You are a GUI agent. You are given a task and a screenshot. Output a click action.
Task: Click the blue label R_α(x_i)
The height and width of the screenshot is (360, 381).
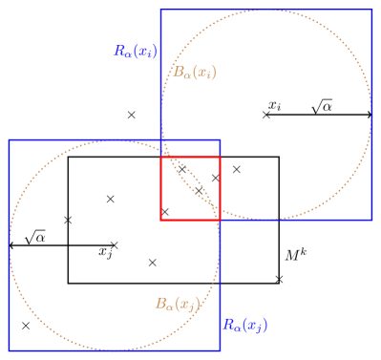[136, 52]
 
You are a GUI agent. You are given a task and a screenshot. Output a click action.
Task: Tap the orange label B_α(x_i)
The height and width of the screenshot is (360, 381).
[194, 72]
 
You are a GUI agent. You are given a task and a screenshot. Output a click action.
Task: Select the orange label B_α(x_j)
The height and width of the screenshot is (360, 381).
[177, 304]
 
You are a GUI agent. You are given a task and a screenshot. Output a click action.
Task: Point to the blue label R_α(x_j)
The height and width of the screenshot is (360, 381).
[244, 325]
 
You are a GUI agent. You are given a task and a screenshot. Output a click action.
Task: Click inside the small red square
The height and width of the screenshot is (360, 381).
[190, 188]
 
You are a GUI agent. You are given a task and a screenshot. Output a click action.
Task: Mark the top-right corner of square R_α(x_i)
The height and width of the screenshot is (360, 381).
[371, 10]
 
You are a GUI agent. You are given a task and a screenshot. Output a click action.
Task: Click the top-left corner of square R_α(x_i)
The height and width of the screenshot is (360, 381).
[160, 10]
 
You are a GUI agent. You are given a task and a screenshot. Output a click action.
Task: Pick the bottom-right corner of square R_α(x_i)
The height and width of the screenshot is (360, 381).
[371, 220]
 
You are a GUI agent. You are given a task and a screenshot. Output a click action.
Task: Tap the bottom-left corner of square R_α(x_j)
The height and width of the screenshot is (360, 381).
[9, 350]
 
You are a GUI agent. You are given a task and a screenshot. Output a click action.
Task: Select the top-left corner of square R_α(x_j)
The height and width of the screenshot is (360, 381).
[9, 140]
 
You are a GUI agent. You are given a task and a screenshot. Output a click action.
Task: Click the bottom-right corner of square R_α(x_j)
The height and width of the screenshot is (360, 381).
[220, 350]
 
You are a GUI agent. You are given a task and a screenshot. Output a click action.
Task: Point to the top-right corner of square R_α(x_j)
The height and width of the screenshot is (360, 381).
[220, 140]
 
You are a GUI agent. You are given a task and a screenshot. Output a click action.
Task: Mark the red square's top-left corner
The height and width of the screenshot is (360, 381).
[160, 158]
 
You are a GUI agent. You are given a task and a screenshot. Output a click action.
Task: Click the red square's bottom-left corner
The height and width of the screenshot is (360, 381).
[160, 220]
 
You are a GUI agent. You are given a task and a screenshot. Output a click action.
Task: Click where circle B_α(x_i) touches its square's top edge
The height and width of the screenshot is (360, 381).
[266, 10]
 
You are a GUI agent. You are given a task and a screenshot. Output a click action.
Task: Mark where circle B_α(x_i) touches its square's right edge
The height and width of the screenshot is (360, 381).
[371, 115]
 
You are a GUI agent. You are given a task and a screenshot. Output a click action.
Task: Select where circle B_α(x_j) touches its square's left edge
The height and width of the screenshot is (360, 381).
[9, 245]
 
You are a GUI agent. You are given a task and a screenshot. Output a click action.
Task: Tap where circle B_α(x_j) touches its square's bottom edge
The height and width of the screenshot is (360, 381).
[115, 350]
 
